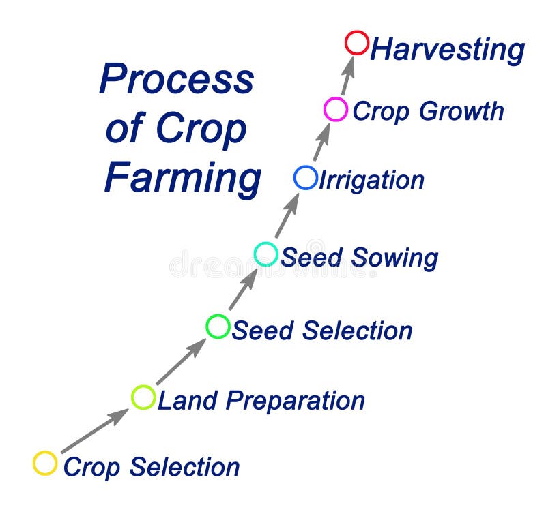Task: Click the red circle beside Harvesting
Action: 356,42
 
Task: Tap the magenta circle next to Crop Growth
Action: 335,109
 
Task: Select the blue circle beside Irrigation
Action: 305,178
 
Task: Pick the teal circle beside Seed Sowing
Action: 265,254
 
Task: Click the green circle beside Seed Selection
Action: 218,327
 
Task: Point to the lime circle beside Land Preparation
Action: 143,397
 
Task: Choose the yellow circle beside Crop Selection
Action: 45,463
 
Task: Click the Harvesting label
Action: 447,50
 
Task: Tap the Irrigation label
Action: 371,181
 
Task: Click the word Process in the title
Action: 176,79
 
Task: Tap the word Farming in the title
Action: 182,179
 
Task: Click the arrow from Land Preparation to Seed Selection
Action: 181,361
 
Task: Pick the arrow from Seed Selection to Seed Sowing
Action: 242,290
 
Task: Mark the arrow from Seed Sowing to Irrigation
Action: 286,215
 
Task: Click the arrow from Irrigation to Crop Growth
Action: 321,142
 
